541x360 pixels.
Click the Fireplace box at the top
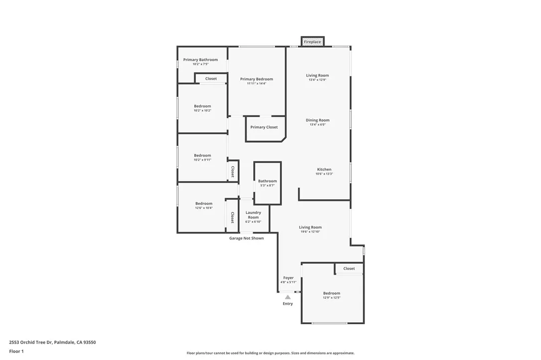[x=312, y=42]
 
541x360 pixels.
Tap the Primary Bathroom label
[x=200, y=60]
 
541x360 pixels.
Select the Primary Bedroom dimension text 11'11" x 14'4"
[x=257, y=84]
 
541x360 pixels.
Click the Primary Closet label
[x=264, y=127]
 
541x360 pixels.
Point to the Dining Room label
[x=317, y=120]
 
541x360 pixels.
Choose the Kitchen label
[x=324, y=170]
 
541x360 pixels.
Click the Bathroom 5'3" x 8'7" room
[x=268, y=183]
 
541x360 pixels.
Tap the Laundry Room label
[x=253, y=215]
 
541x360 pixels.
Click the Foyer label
[x=288, y=277]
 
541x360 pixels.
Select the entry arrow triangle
[x=288, y=297]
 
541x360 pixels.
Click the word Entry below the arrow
[x=288, y=303]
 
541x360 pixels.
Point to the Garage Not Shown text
[x=247, y=238]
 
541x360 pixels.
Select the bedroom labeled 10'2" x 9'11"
[x=203, y=157]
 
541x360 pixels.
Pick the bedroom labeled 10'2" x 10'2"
[x=203, y=108]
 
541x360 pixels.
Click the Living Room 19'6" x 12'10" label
[x=310, y=229]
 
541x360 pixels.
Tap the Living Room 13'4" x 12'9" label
[x=317, y=77]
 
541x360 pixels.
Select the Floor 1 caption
[x=16, y=352]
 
